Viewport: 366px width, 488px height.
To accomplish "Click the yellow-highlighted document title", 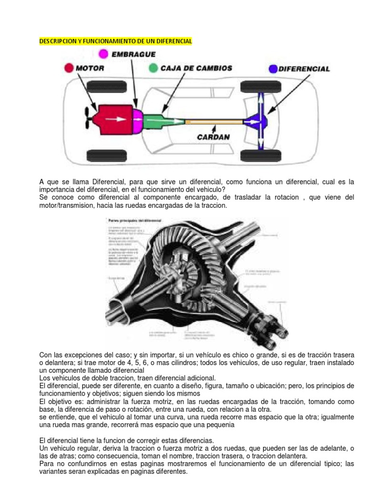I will [x=115, y=41].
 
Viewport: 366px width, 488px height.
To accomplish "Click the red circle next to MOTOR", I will [x=70, y=68].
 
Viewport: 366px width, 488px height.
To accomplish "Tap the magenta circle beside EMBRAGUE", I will [x=102, y=54].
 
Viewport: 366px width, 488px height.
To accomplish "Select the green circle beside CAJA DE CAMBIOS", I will [x=152, y=68].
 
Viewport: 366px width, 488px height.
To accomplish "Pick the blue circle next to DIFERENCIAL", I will [x=273, y=69].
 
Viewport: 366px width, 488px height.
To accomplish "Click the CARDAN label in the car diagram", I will [x=214, y=137].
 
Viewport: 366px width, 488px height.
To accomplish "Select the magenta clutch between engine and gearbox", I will [x=137, y=116].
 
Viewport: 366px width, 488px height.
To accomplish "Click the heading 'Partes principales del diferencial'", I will [x=135, y=221].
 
